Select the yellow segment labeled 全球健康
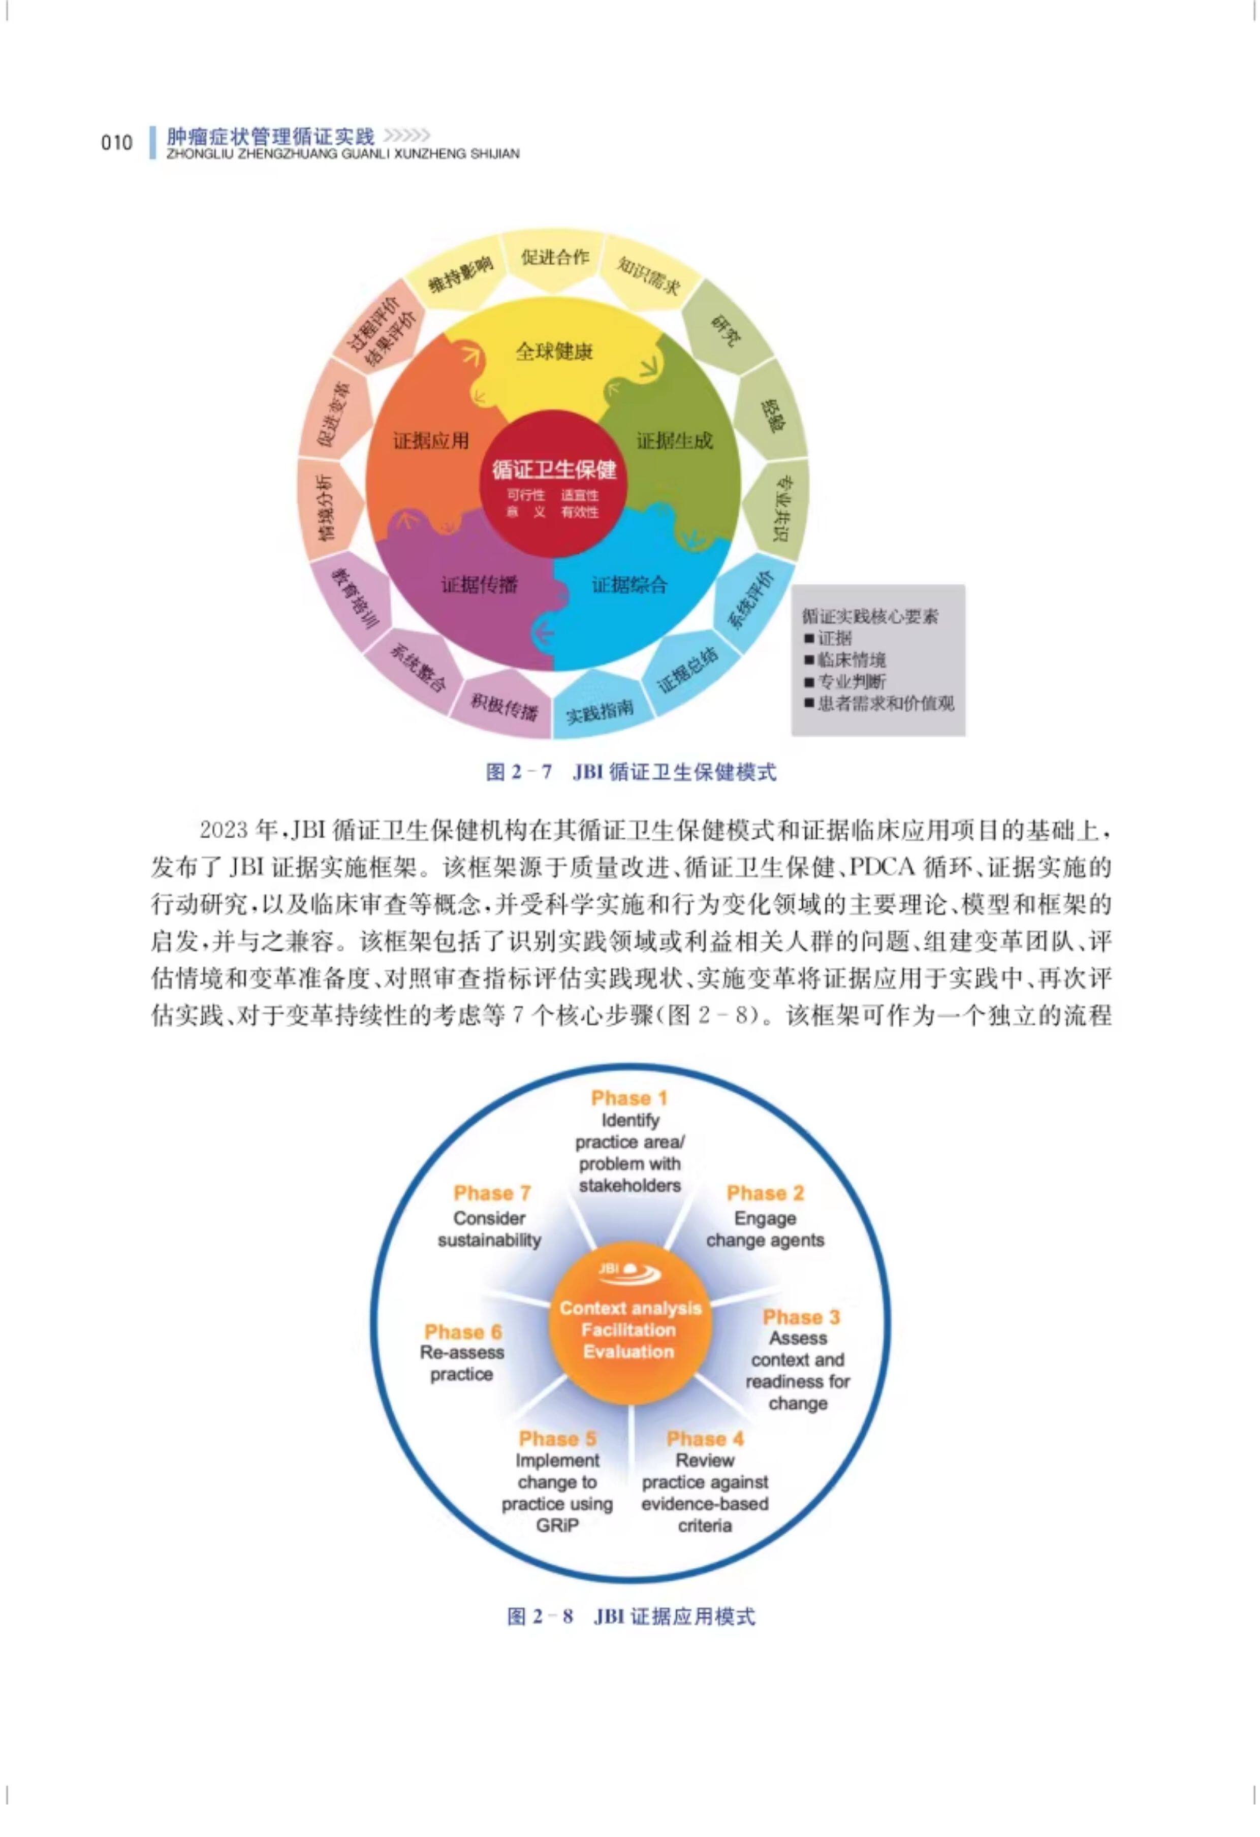click(x=553, y=351)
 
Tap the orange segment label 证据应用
click(x=431, y=440)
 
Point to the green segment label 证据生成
click(x=674, y=440)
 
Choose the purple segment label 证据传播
click(x=479, y=584)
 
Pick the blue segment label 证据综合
click(x=629, y=584)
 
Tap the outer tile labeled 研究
click(x=726, y=330)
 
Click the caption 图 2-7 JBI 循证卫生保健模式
click(x=631, y=772)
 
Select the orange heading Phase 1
click(x=629, y=1098)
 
